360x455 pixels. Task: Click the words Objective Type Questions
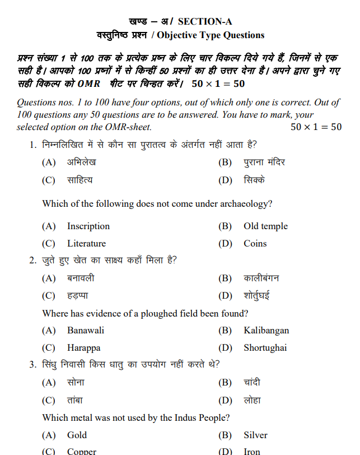point(211,35)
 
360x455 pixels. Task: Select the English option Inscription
point(88,226)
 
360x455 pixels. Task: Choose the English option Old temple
point(265,226)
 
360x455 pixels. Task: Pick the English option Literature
point(86,244)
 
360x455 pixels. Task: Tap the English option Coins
point(255,244)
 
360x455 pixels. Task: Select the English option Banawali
point(86,331)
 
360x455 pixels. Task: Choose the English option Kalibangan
point(266,331)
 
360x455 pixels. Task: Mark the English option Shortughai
point(265,348)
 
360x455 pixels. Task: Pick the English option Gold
point(77,435)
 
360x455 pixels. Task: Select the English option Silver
point(255,435)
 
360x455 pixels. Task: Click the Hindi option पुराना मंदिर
point(264,162)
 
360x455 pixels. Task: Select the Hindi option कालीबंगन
point(261,278)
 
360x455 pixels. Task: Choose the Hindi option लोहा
point(252,400)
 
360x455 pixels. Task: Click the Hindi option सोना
point(76,383)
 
